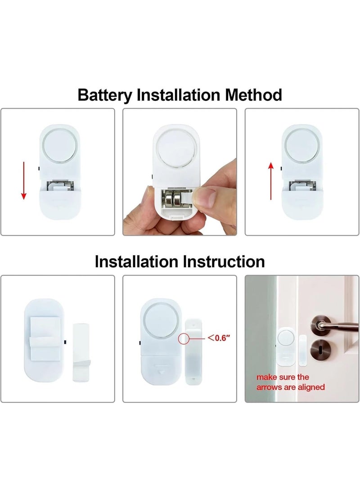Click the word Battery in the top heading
pos(104,95)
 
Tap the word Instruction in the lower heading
pos(224,261)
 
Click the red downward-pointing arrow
pos(23,180)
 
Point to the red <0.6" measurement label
pos(219,338)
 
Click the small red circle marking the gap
pos(183,338)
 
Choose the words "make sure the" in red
pos(283,377)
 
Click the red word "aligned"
pos(311,387)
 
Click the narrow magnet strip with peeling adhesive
pos(81,352)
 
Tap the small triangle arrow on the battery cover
pos(162,373)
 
